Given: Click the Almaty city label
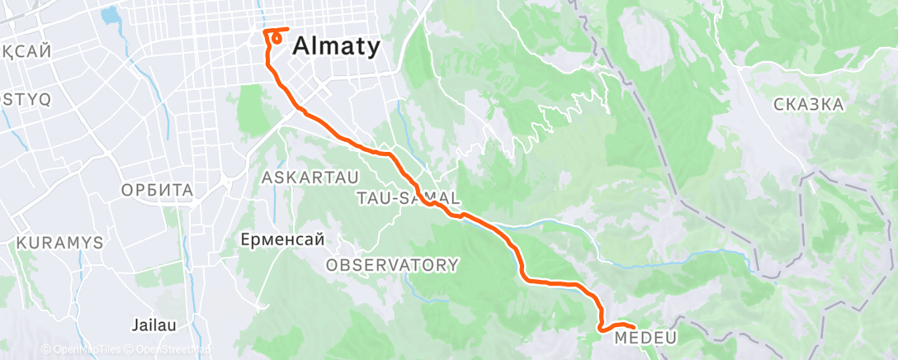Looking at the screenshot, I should point(336,46).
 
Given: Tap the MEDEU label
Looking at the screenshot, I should point(640,337).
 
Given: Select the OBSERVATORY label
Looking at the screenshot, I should point(392,265).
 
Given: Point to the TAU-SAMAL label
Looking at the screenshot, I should point(407,198).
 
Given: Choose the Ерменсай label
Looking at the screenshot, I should point(281,239).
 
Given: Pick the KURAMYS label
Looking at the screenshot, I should point(59,244).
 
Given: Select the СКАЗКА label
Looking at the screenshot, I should point(809,104).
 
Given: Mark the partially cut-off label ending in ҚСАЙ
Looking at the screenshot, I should point(25,51).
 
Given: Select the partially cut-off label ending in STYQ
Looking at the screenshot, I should point(25,99).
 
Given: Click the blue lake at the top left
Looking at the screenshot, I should point(108,15).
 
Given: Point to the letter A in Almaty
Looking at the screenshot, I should point(300,46).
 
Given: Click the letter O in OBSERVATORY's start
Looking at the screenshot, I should point(332,265).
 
